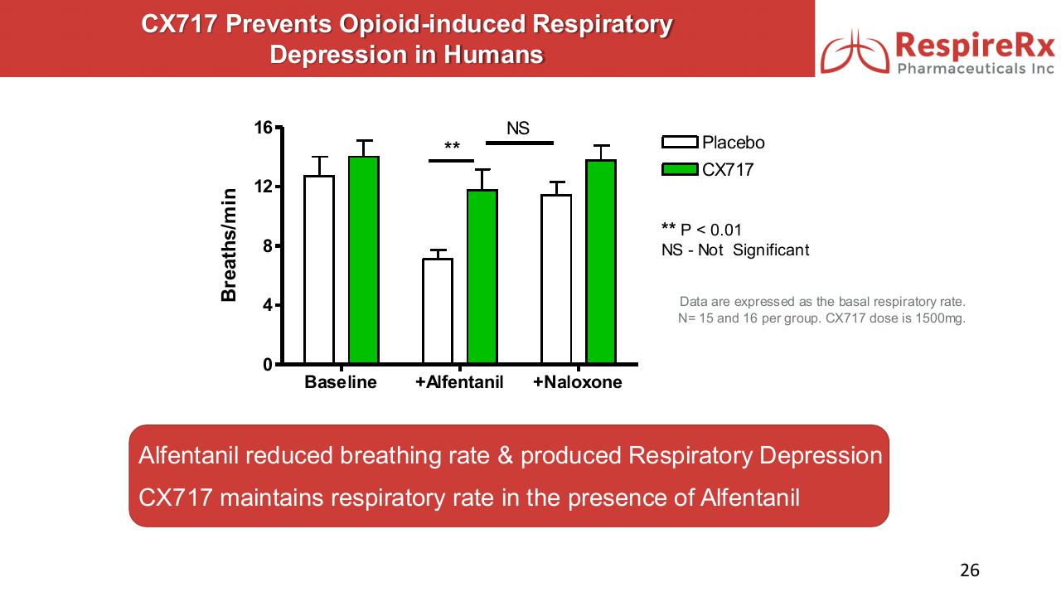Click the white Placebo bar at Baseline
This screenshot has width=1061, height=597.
click(319, 269)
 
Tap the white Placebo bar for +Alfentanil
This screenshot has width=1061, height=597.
click(438, 311)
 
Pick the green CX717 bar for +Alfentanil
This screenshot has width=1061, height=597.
click(482, 277)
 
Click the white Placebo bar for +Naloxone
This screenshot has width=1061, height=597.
click(556, 279)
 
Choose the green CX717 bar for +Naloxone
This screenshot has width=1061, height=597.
click(601, 262)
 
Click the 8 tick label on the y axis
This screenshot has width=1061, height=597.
click(268, 246)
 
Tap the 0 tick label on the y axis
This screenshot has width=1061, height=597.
click(268, 365)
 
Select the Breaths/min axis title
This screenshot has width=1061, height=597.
click(230, 245)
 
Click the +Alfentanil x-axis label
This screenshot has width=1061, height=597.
click(459, 383)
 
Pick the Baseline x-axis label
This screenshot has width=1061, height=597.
click(341, 383)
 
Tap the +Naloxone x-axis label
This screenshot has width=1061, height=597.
click(578, 383)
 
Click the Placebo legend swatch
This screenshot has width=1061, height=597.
click(680, 143)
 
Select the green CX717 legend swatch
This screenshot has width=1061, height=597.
click(680, 170)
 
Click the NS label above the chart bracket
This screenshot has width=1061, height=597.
click(518, 129)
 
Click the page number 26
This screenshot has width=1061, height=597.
click(970, 570)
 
